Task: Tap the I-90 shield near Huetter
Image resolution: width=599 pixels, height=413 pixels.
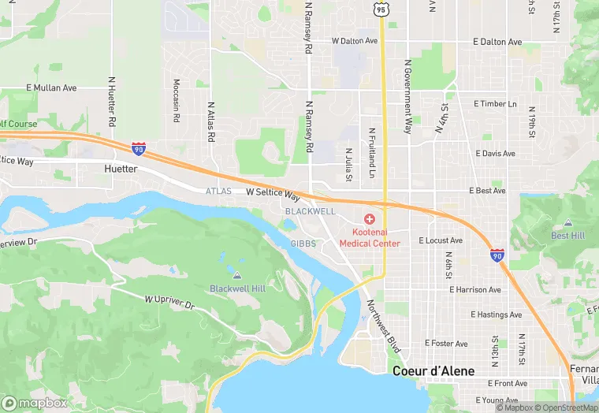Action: (138, 147)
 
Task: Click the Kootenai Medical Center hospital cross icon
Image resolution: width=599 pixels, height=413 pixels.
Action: (369, 218)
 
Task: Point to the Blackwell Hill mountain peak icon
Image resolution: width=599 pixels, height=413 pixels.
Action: (237, 275)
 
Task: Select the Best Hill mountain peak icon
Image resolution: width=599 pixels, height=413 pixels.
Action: (567, 223)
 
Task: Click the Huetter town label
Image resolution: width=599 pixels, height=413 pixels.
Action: (121, 169)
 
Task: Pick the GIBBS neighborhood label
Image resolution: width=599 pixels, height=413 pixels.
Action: (303, 244)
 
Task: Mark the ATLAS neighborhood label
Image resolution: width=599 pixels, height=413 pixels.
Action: (219, 192)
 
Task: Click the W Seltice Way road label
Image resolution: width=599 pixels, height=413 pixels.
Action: (273, 192)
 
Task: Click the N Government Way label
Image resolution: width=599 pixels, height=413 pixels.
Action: (408, 95)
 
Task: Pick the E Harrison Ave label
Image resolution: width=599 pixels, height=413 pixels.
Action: (475, 290)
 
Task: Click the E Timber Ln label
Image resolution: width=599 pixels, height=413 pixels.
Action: (495, 104)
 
